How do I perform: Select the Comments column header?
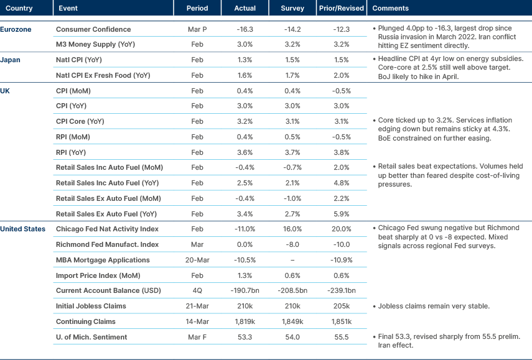point(390,9)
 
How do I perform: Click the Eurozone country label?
point(16,29)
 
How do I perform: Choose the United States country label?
point(23,229)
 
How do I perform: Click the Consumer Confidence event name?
point(93,29)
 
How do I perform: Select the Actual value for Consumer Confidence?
point(245,29)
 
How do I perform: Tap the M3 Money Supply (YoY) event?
point(95,45)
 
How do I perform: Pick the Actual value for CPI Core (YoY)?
point(245,121)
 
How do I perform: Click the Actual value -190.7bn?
point(245,290)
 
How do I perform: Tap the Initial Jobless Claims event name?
point(91,306)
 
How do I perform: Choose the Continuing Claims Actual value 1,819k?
point(245,321)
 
